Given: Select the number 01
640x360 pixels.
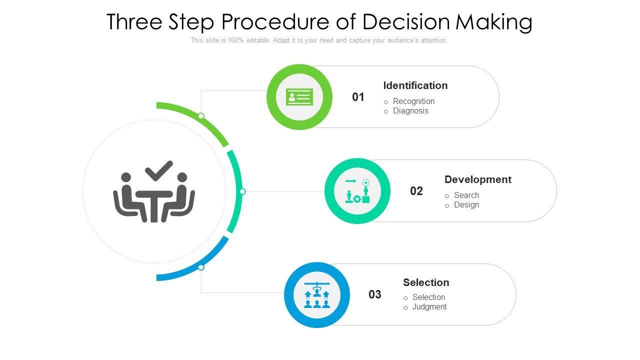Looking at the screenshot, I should [358, 97].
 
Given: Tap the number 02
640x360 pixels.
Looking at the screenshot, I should [416, 191].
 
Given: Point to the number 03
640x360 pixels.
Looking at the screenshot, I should [374, 294].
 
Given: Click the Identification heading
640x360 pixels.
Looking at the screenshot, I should [415, 85].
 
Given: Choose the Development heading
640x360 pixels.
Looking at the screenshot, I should [477, 179].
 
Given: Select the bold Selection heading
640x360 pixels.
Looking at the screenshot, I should [426, 282].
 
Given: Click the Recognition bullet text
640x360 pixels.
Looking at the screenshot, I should [413, 101].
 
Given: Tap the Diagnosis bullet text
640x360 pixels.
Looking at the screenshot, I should [410, 111].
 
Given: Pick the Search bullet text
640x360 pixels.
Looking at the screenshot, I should [466, 195].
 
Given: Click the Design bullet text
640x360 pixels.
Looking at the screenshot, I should [466, 205].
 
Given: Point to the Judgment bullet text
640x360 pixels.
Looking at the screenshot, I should [429, 307].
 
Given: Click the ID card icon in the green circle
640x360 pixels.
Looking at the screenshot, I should [299, 97].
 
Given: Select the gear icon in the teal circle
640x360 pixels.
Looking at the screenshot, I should [357, 199].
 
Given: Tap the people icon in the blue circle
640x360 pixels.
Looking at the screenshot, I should [317, 295].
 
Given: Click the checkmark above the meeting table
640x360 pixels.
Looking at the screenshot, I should [159, 170].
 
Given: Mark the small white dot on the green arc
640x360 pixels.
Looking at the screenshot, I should [201, 116].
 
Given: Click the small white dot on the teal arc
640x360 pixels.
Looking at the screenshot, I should [242, 191].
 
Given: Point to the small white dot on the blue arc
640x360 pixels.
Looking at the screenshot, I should [201, 267].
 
